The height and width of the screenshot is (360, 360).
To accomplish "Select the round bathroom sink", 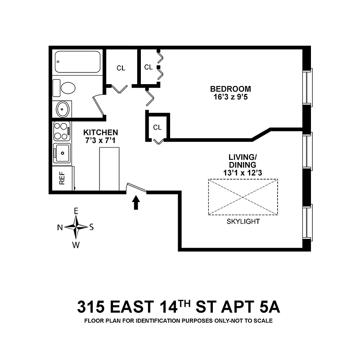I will pyautogui.click(x=63, y=109).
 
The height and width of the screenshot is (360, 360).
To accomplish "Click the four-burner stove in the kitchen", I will pyautogui.click(x=61, y=131).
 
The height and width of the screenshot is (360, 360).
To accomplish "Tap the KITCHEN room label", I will pyautogui.click(x=101, y=132).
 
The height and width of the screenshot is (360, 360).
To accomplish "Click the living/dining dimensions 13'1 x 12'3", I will pyautogui.click(x=243, y=172).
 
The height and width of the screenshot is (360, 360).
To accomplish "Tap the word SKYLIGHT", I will pyautogui.click(x=243, y=221).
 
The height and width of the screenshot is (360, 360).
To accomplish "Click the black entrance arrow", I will pyautogui.click(x=136, y=203).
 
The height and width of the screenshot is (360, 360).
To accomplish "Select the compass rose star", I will pyautogui.click(x=76, y=227).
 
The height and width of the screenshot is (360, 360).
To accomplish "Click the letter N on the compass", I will pyautogui.click(x=59, y=227).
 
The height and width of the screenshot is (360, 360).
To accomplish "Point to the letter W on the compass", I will pyautogui.click(x=76, y=245).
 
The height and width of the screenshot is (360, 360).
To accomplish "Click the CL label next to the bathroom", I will pyautogui.click(x=121, y=68).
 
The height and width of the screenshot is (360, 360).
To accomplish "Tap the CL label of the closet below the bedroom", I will pyautogui.click(x=157, y=127).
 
